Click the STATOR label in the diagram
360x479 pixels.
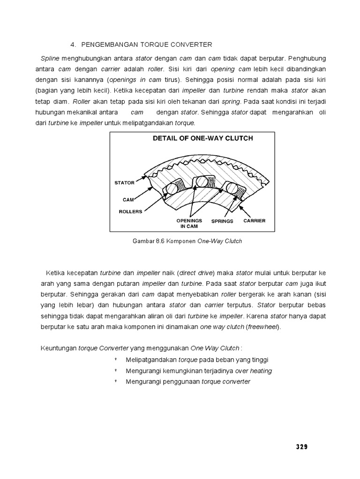click(x=124, y=182)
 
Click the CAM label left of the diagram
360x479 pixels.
click(x=128, y=199)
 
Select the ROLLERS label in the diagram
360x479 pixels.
click(x=130, y=211)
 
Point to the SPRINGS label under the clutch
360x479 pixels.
click(x=222, y=221)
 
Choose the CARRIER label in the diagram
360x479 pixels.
click(x=254, y=220)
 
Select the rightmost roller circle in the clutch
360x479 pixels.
click(x=230, y=188)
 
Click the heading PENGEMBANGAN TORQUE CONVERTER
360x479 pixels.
click(x=147, y=44)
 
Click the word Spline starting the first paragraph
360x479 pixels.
click(x=50, y=58)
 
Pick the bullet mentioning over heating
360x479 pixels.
click(x=199, y=370)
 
